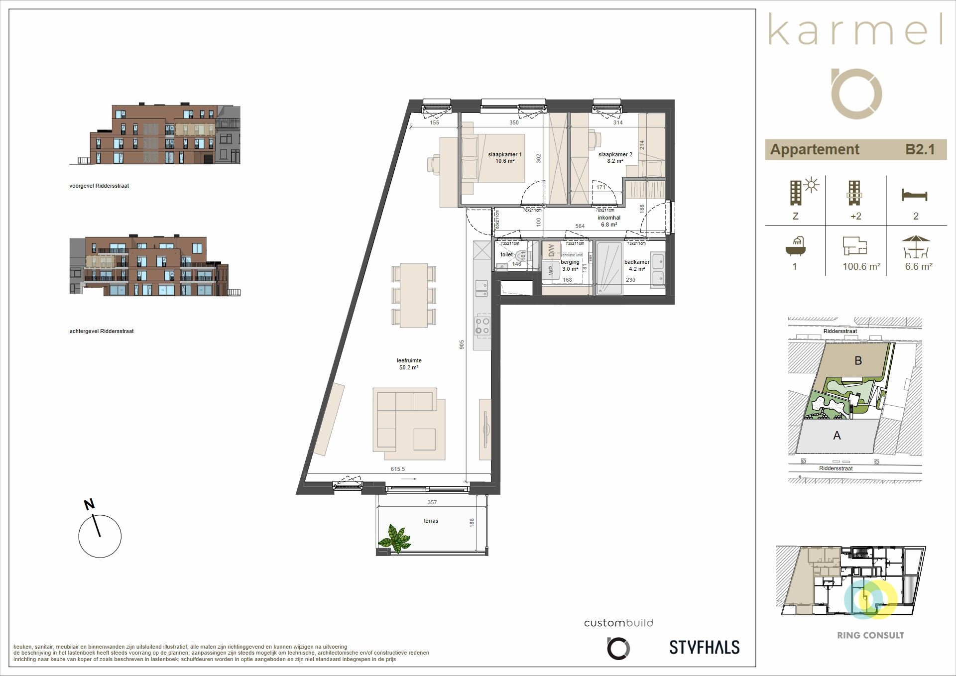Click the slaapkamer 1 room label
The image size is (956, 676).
point(504,157)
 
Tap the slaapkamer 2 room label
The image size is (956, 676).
point(615,157)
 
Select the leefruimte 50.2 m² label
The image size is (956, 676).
point(409,364)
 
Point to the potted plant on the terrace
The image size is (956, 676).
point(394,538)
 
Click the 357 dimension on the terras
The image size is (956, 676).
point(432,502)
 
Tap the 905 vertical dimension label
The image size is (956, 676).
point(462,344)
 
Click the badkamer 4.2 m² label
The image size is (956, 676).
point(636,265)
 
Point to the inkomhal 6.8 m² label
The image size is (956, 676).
point(608,221)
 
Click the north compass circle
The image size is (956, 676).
point(100,536)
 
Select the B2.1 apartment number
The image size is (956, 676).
point(920,149)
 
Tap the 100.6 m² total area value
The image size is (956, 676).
point(861,267)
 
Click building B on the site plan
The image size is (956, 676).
point(857,360)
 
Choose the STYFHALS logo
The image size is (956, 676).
point(704,647)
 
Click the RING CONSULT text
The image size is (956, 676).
point(870,635)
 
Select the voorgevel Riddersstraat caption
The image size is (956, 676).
point(99,186)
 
